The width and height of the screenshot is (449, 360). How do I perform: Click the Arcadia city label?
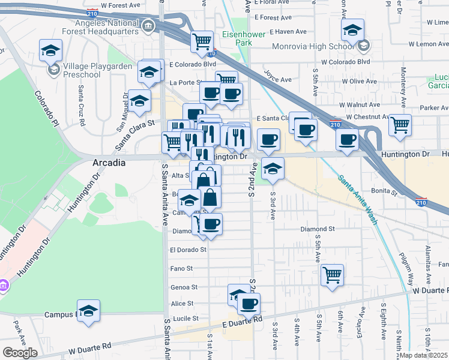click(x=109, y=163)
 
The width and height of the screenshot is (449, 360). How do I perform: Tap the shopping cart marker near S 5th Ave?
click(x=332, y=275)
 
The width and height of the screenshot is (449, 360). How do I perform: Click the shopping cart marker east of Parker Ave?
click(x=400, y=125)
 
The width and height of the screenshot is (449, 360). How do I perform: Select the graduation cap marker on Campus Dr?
click(x=88, y=311)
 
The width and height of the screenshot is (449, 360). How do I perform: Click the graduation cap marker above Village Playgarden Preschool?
click(x=51, y=50)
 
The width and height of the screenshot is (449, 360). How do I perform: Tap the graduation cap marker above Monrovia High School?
click(x=352, y=30)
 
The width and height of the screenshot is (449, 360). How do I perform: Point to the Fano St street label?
click(x=181, y=268)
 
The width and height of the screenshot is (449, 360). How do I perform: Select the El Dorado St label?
click(x=188, y=249)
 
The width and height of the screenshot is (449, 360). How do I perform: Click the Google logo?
click(x=20, y=352)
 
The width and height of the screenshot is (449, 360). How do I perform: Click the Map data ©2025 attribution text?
click(x=424, y=355)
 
